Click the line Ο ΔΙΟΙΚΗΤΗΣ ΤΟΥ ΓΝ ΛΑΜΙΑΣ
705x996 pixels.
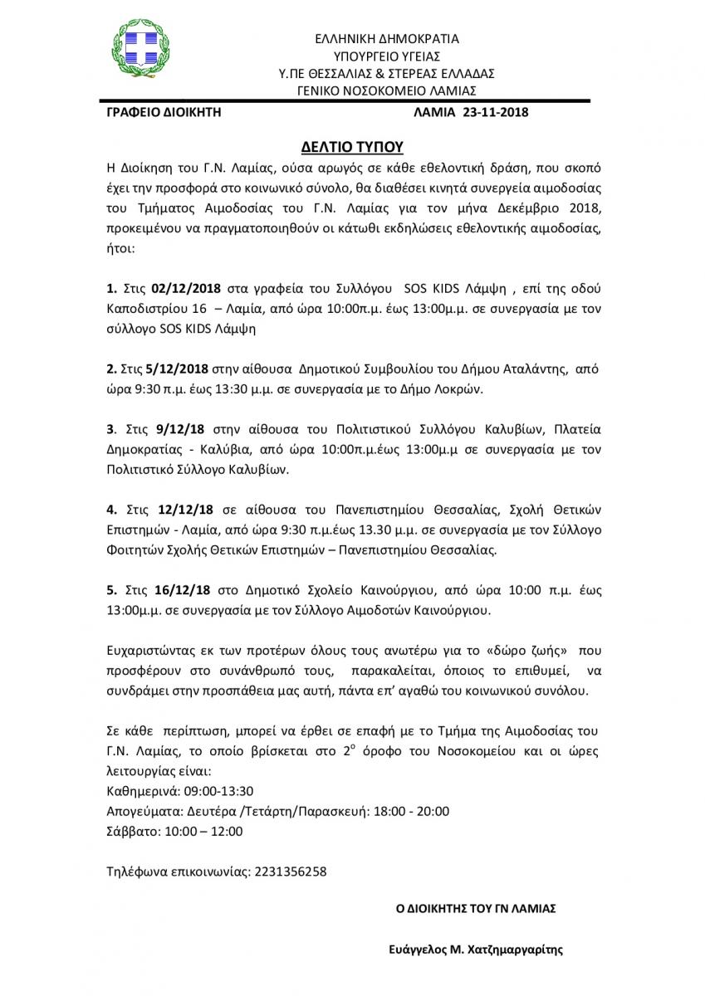[x=476, y=909]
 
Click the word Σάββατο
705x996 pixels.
[x=132, y=830]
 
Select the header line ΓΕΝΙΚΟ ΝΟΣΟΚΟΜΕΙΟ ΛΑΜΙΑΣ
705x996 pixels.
[x=387, y=90]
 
